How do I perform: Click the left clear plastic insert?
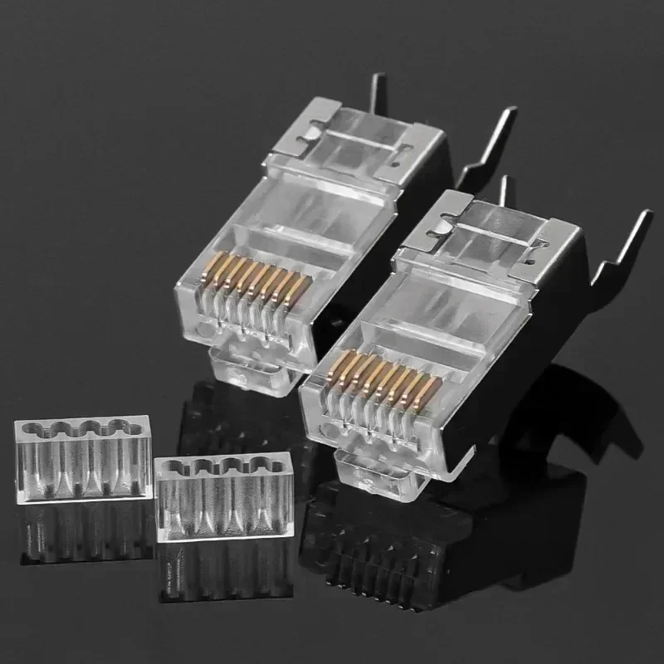[82, 461]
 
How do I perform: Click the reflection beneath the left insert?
[82, 531]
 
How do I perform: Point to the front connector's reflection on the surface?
[415, 548]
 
